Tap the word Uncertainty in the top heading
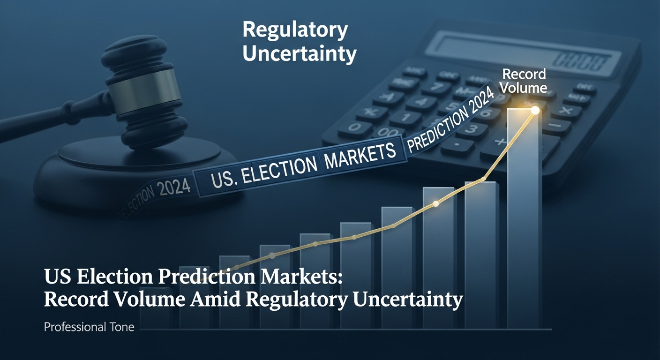pyautogui.click(x=300, y=54)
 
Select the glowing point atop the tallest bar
pyautogui.click(x=535, y=110)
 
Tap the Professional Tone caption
pyautogui.click(x=89, y=327)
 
